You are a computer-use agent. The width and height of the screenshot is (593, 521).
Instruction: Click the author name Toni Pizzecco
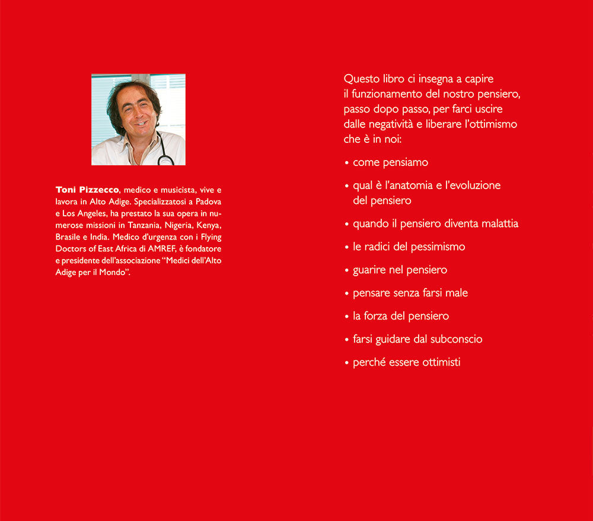87,190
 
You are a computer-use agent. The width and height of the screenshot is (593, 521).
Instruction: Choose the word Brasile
69,238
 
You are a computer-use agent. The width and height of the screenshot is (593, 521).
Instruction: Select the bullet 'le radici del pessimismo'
409,247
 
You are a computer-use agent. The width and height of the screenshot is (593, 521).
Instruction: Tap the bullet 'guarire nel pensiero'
400,270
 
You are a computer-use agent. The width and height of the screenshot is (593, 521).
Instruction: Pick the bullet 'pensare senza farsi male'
410,293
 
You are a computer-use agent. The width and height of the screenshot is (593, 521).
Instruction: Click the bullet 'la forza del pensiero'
401,316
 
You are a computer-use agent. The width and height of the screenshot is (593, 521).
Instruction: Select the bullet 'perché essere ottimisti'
406,362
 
